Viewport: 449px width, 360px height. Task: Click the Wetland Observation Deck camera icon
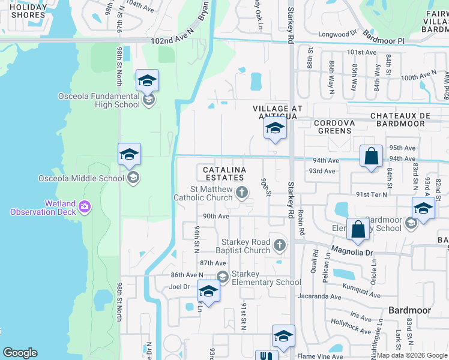coord(84,206)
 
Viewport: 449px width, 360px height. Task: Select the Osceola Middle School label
coord(81,177)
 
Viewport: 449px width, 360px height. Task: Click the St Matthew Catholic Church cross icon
coord(241,193)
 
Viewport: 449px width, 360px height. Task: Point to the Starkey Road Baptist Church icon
coord(279,245)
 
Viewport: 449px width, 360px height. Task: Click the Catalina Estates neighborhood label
coord(223,174)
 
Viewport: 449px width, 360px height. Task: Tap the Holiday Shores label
coord(28,11)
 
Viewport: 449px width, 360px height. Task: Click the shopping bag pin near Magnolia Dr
coord(358,230)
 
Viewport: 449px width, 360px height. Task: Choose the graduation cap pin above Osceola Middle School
coord(129,155)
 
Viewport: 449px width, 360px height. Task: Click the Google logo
coord(20,353)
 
